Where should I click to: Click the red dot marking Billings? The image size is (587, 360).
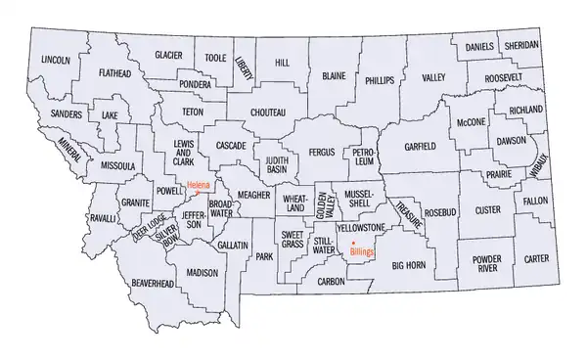[x=352, y=241]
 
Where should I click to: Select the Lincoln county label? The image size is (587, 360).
[x=56, y=60]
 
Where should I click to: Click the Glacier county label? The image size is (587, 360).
[x=168, y=56]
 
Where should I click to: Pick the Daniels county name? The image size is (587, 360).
[x=479, y=46]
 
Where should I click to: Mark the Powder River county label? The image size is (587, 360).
[x=486, y=264]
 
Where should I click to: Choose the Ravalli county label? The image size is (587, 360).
[x=100, y=219]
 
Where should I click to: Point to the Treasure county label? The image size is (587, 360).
[x=409, y=216]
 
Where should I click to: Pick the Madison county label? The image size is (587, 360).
[x=202, y=274]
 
